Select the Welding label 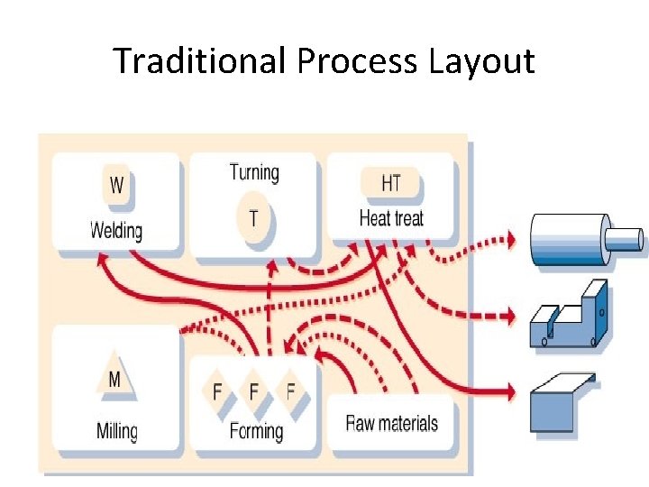116,230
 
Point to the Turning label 254,172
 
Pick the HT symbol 390,183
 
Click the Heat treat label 390,218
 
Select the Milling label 117,430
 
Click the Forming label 256,431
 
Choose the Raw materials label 392,423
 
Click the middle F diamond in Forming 253,391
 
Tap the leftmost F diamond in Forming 216,391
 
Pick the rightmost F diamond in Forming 290,391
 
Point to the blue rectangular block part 561,404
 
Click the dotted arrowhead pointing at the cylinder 511,240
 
